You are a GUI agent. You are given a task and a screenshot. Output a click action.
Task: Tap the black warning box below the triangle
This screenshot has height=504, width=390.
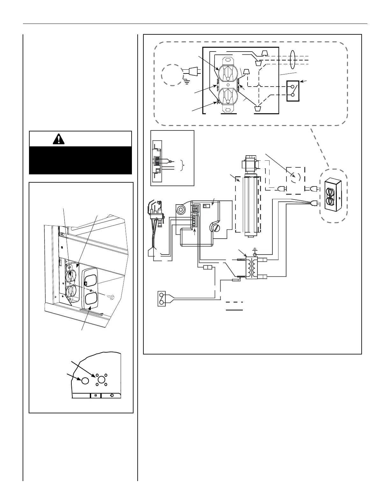coord(80,160)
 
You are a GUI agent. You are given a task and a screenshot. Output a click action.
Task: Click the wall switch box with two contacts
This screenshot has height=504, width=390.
coord(293,91)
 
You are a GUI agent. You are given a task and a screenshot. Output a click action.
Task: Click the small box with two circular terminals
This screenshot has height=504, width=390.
coord(162,299)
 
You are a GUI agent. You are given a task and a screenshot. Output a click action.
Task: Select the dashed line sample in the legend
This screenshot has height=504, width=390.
coord(234,302)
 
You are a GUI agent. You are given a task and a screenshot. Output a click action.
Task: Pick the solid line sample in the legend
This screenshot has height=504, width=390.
coord(234,310)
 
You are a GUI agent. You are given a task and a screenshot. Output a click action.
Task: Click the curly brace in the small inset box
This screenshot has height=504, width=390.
coord(183,166)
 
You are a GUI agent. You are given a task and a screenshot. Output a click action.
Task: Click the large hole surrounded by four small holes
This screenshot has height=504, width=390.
coord(101,380)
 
